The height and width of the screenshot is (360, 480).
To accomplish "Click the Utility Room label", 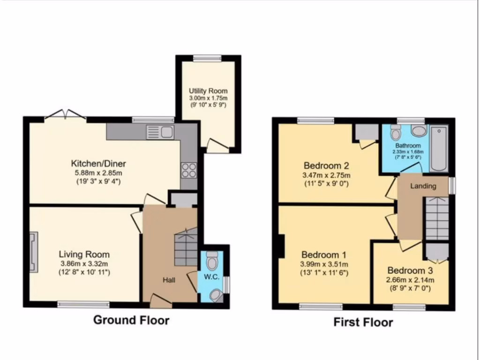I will click(x=208, y=90).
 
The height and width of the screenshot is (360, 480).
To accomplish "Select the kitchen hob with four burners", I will click(x=188, y=169).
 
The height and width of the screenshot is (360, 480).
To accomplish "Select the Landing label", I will click(x=423, y=186).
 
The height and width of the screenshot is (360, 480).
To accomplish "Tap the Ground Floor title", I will click(x=131, y=320).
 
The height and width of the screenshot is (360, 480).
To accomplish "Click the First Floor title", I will click(x=363, y=322).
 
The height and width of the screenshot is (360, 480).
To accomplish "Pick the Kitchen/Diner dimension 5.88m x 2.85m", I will click(x=98, y=172).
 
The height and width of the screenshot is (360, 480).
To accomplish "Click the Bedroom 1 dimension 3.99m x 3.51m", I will click(x=324, y=263).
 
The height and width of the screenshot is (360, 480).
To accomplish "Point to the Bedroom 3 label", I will click(x=410, y=270).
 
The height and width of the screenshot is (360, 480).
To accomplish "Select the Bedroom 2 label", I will click(x=326, y=165).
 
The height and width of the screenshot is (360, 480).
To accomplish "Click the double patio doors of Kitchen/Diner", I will click(x=65, y=115).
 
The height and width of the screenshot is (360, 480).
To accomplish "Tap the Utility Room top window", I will click(x=208, y=58).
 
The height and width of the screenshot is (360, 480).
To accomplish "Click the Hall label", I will click(x=169, y=280).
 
